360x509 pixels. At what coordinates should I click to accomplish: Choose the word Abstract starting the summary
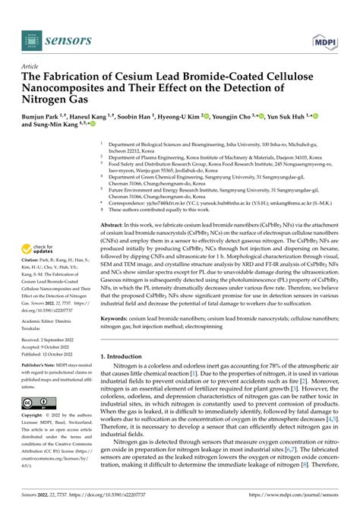(x=115, y=205)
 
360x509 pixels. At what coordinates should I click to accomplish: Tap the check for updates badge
(x=38, y=230)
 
